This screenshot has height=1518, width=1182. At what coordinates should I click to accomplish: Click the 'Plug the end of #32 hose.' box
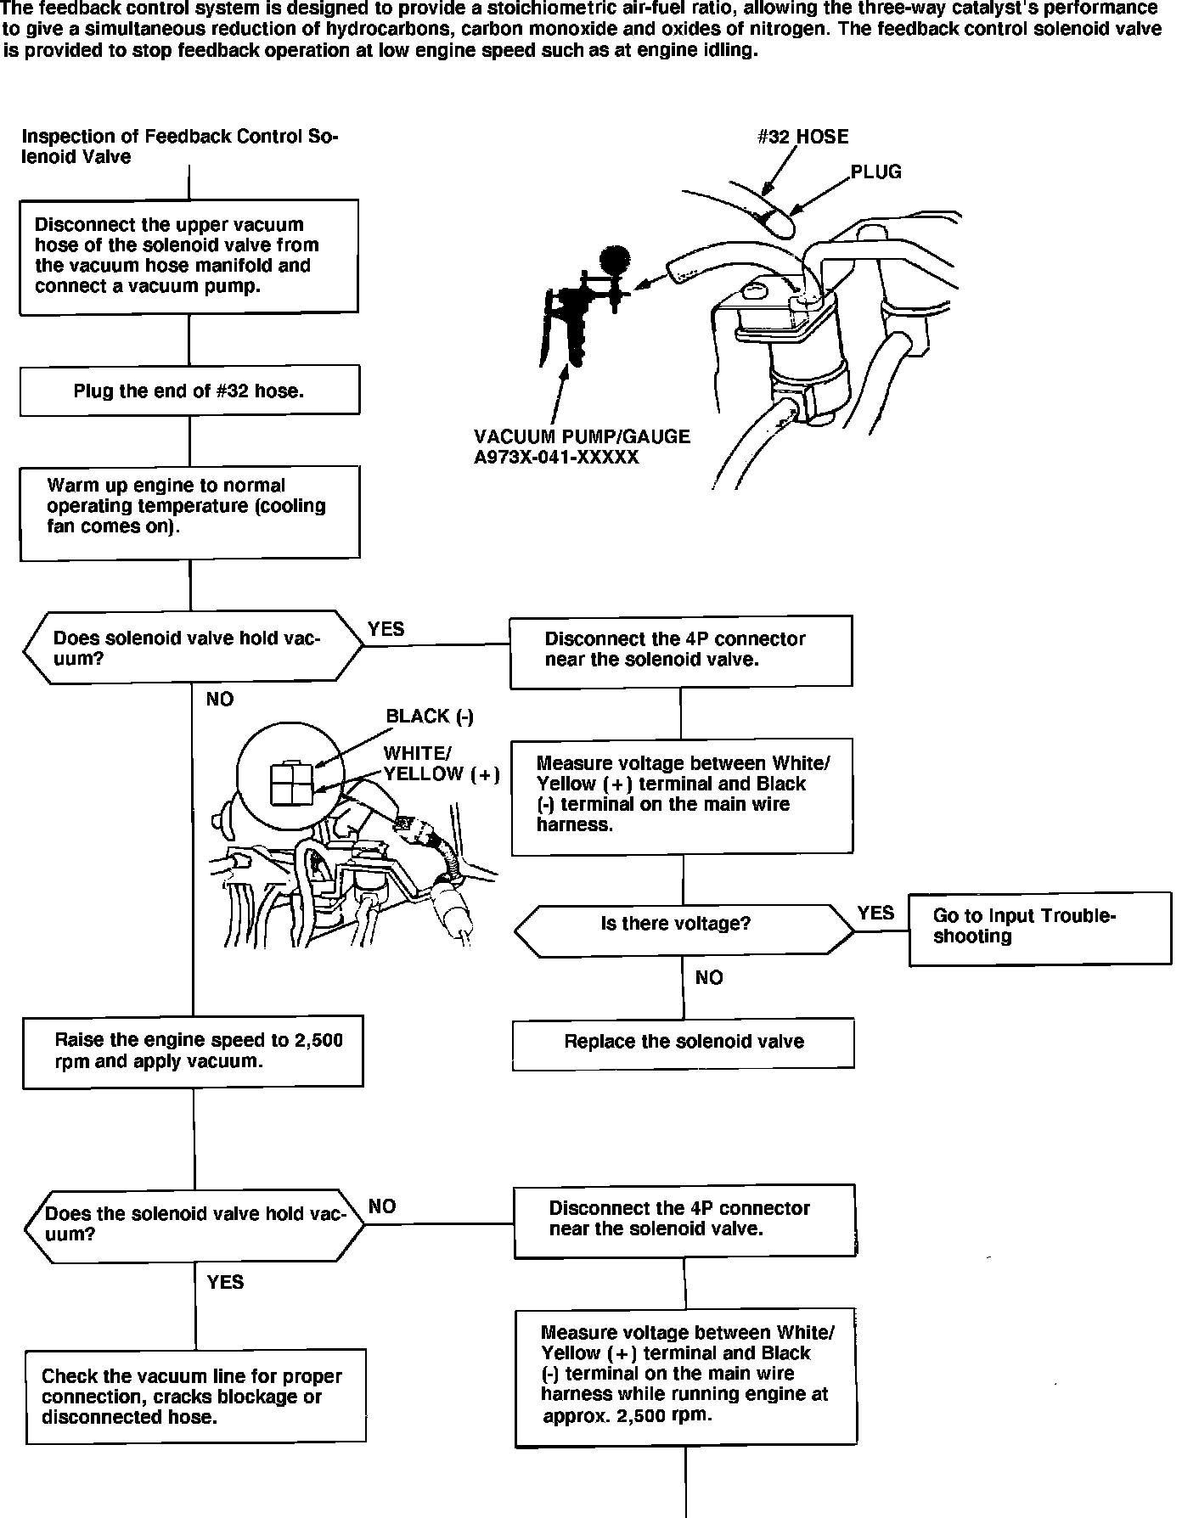pos(189,391)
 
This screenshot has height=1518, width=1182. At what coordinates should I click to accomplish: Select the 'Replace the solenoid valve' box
pos(684,1042)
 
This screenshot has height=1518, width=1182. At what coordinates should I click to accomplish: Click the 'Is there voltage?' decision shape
pos(684,930)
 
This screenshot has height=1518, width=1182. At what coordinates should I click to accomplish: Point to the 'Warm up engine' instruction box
pos(189,512)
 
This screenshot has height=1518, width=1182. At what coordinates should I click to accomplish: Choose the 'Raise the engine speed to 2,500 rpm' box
pos(194,1051)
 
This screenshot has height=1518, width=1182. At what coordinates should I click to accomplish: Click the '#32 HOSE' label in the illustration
pos(802,137)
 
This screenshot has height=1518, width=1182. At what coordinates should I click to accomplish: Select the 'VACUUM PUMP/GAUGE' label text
pos(582,436)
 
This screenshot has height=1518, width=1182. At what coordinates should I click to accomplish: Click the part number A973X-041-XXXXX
pos(556,458)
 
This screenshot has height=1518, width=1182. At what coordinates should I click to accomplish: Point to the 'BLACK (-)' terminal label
pos(430,716)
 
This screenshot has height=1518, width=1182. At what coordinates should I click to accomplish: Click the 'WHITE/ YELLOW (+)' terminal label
pos(440,763)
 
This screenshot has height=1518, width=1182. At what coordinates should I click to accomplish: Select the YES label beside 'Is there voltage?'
pos(875,913)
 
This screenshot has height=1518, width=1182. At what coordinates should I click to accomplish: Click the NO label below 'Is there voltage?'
pos(709,978)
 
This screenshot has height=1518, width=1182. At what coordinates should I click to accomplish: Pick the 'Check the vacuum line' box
pos(195,1396)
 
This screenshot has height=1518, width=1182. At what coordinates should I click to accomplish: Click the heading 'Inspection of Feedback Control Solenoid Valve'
pos(179,146)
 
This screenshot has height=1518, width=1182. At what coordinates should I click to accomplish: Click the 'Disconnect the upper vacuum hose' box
pos(189,256)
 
